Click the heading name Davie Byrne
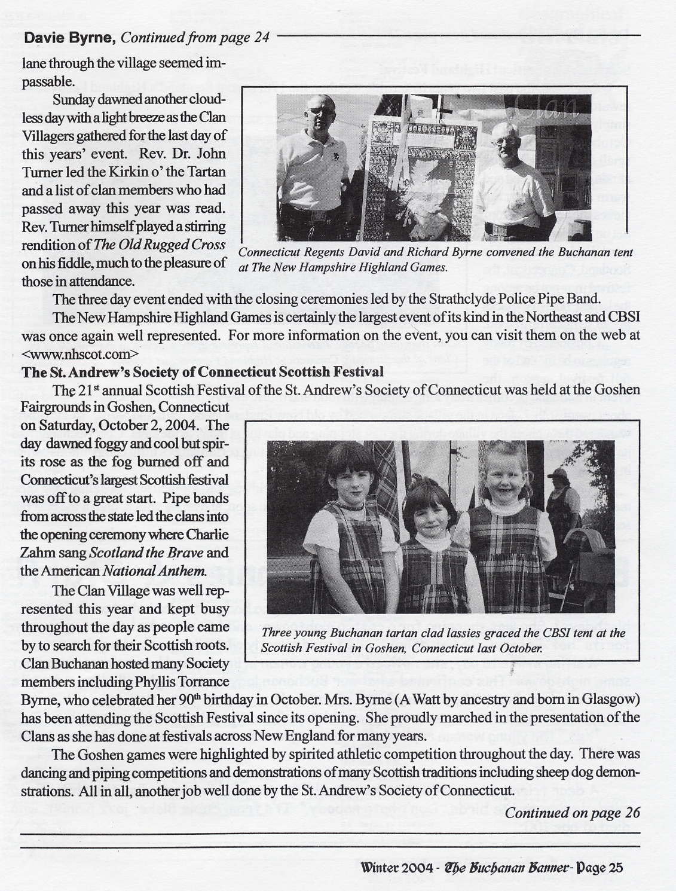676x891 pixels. pos(69,38)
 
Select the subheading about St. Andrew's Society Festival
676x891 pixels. pos(203,371)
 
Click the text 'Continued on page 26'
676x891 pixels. pos(572,813)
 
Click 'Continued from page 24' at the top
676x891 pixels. pos(195,38)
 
